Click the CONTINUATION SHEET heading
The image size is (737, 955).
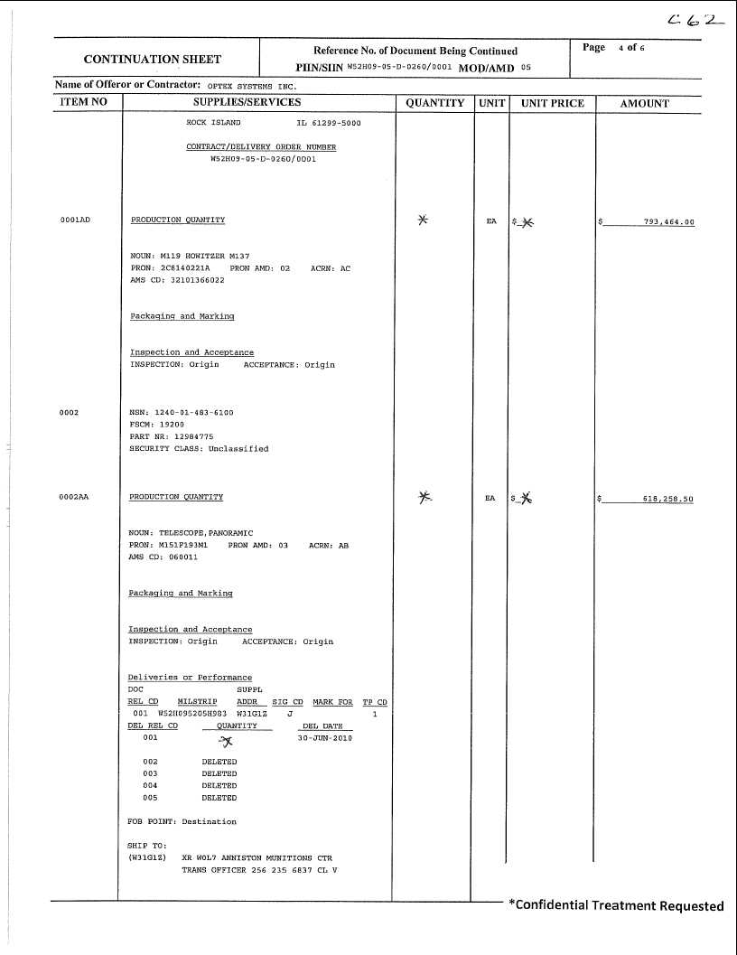pyautogui.click(x=152, y=60)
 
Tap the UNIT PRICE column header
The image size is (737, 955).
pyautogui.click(x=553, y=103)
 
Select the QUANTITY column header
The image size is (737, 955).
pyautogui.click(x=434, y=103)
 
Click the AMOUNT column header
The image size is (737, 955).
pyautogui.click(x=645, y=103)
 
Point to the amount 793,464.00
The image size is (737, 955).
pyautogui.click(x=668, y=221)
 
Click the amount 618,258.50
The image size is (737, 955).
pyautogui.click(x=667, y=499)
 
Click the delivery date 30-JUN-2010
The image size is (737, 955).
pyautogui.click(x=325, y=738)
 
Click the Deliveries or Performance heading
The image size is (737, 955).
pyautogui.click(x=190, y=678)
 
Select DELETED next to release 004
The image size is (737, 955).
pyautogui.click(x=219, y=786)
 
